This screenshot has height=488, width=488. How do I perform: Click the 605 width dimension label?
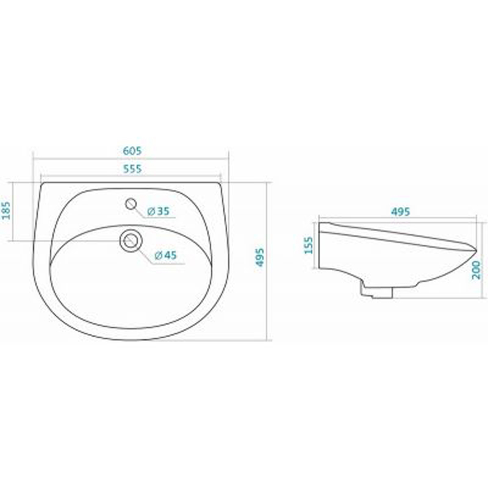(132, 151)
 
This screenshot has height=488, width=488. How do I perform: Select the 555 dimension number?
(132, 169)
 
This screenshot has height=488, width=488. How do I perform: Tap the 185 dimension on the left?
(6, 210)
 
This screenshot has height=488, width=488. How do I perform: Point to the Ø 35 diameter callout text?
(158, 211)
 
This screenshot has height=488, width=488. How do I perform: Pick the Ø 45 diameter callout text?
(166, 256)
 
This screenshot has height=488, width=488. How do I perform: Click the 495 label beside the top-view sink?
(260, 257)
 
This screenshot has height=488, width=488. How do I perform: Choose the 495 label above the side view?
(401, 212)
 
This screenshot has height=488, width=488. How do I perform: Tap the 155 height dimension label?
(309, 245)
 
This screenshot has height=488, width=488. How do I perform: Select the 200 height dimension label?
(476, 270)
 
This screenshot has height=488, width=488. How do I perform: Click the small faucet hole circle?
(131, 204)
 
